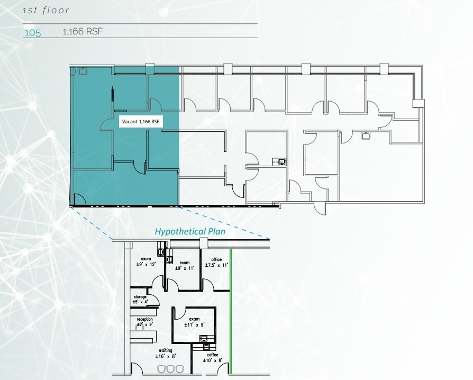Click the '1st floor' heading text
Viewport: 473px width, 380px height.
(x=46, y=11)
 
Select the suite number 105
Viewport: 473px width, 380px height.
(x=32, y=32)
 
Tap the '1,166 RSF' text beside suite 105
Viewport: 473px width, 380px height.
(x=83, y=31)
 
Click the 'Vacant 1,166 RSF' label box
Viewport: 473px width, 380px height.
(x=141, y=122)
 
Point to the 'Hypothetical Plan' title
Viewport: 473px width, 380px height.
(x=190, y=231)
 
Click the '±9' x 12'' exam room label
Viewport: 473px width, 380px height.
(x=146, y=261)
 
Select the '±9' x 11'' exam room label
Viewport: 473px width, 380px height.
(x=185, y=265)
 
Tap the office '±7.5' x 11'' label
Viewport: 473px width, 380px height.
(x=216, y=263)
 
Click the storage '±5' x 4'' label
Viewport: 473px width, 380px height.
(x=140, y=299)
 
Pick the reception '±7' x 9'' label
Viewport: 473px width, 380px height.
(x=145, y=322)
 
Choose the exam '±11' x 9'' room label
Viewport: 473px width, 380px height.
(x=195, y=322)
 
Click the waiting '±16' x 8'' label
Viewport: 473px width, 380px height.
(x=166, y=353)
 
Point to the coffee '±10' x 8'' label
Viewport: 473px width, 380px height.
(x=213, y=357)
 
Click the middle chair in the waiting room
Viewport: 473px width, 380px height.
(x=171, y=369)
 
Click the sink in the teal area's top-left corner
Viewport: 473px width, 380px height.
(x=83, y=71)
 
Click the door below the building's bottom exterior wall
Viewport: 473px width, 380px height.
(x=320, y=209)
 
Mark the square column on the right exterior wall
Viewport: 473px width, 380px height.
(x=419, y=103)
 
